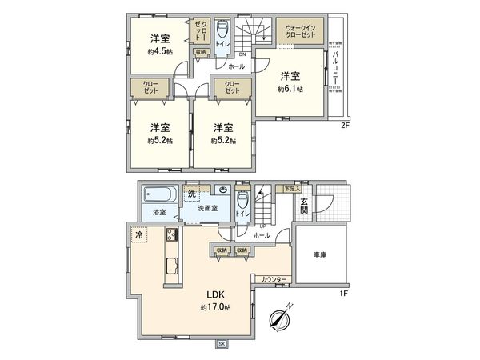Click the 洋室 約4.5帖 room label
pyautogui.click(x=159, y=45)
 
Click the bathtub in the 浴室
pyautogui.click(x=158, y=195)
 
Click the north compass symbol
pyautogui.click(x=279, y=318)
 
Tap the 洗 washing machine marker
pyautogui.click(x=191, y=194)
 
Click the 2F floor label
pyautogui.click(x=345, y=124)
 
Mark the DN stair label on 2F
pyautogui.click(x=230, y=53)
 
